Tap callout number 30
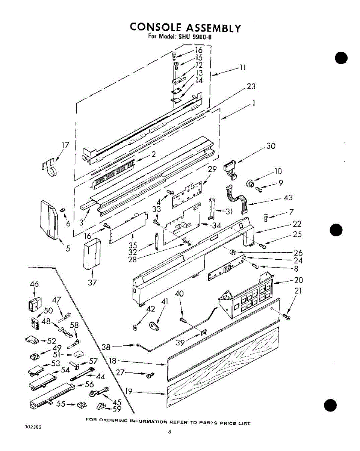pyautogui.click(x=271, y=146)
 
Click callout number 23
pyautogui.click(x=251, y=86)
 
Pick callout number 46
pyautogui.click(x=34, y=284)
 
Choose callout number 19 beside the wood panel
pyautogui.click(x=129, y=391)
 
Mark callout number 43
pyautogui.click(x=288, y=198)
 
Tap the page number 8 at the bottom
pyautogui.click(x=170, y=432)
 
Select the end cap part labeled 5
pyautogui.click(x=49, y=220)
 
